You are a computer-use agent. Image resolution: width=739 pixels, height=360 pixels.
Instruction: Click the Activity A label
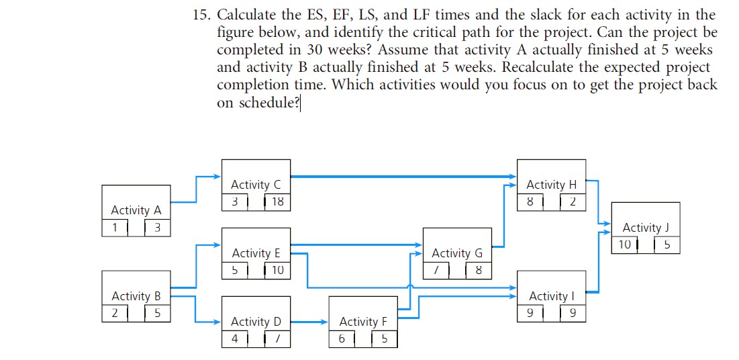(x=136, y=210)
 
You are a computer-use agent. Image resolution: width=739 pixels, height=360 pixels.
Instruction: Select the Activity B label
(x=136, y=296)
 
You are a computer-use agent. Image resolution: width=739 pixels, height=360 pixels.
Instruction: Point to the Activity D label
(x=256, y=322)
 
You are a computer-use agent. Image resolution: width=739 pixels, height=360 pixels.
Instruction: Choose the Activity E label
(x=256, y=253)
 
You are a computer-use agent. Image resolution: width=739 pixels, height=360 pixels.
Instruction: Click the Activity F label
(x=363, y=322)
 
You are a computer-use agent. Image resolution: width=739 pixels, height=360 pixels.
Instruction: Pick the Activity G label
(x=457, y=253)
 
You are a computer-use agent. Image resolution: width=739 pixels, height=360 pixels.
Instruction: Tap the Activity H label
(x=551, y=185)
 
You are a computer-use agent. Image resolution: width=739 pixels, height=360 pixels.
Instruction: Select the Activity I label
(x=552, y=296)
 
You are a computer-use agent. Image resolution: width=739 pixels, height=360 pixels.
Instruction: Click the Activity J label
(x=646, y=228)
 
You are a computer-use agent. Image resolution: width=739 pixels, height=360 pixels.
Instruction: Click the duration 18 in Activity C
(x=278, y=201)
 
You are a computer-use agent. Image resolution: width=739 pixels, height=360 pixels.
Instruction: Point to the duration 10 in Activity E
(x=278, y=271)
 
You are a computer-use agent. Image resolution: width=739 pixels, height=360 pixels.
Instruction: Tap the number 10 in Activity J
(x=625, y=245)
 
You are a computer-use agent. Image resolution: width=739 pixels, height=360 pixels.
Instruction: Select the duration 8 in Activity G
(x=479, y=271)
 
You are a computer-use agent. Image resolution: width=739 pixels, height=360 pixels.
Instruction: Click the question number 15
(x=198, y=15)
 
